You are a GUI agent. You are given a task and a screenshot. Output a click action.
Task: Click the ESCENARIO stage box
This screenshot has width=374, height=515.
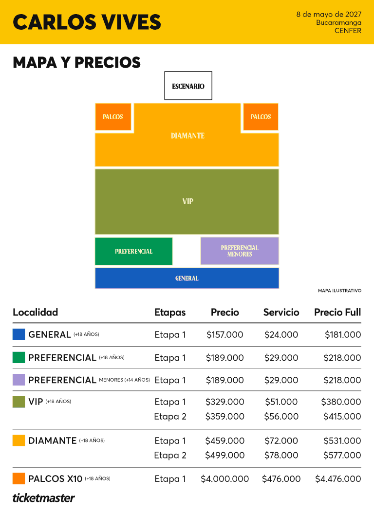(188, 86)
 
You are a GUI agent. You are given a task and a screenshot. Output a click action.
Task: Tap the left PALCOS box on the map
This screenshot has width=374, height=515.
(113, 117)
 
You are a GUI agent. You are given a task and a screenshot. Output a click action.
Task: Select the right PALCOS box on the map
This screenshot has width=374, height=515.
(261, 117)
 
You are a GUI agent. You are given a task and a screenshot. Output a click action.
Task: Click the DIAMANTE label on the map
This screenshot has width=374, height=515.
(187, 136)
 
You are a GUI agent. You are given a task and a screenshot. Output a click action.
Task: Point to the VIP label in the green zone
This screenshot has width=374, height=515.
(187, 201)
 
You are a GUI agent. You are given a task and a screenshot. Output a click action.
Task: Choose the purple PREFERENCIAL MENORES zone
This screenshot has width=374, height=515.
(240, 251)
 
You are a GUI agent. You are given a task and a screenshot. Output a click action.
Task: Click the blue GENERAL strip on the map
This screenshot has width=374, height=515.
(187, 278)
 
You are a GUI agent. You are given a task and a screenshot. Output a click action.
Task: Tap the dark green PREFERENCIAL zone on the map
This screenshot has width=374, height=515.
(134, 251)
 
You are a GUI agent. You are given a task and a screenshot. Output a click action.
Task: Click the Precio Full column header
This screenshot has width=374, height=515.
(337, 312)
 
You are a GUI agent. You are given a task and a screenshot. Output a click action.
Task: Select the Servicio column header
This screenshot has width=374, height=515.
(281, 312)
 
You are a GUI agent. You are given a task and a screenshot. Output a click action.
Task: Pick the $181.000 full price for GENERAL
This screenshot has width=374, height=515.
(343, 334)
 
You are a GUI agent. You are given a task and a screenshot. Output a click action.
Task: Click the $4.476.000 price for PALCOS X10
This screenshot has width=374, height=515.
(338, 478)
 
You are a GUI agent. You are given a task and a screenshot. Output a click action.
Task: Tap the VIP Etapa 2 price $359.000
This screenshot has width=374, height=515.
(225, 416)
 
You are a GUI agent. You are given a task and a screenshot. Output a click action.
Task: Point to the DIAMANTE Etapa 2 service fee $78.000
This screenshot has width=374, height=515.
(281, 455)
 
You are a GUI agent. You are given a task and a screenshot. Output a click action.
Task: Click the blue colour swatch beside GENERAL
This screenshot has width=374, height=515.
(19, 334)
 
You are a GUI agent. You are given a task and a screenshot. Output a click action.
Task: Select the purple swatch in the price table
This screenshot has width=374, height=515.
(19, 380)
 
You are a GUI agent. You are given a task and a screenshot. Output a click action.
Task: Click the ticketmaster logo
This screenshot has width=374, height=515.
(44, 498)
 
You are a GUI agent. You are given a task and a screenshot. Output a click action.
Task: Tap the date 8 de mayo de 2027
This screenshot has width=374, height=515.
(329, 14)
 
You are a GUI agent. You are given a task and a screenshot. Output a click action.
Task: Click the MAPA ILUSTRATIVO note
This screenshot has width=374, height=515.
(339, 291)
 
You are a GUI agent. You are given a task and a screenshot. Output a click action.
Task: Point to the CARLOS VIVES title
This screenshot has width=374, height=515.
(87, 22)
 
